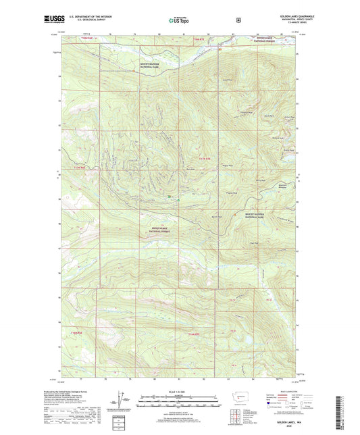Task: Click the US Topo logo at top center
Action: click(x=179, y=20)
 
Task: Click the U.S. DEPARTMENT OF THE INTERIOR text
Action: click(x=91, y=16)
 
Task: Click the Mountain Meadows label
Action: click(x=283, y=185)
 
